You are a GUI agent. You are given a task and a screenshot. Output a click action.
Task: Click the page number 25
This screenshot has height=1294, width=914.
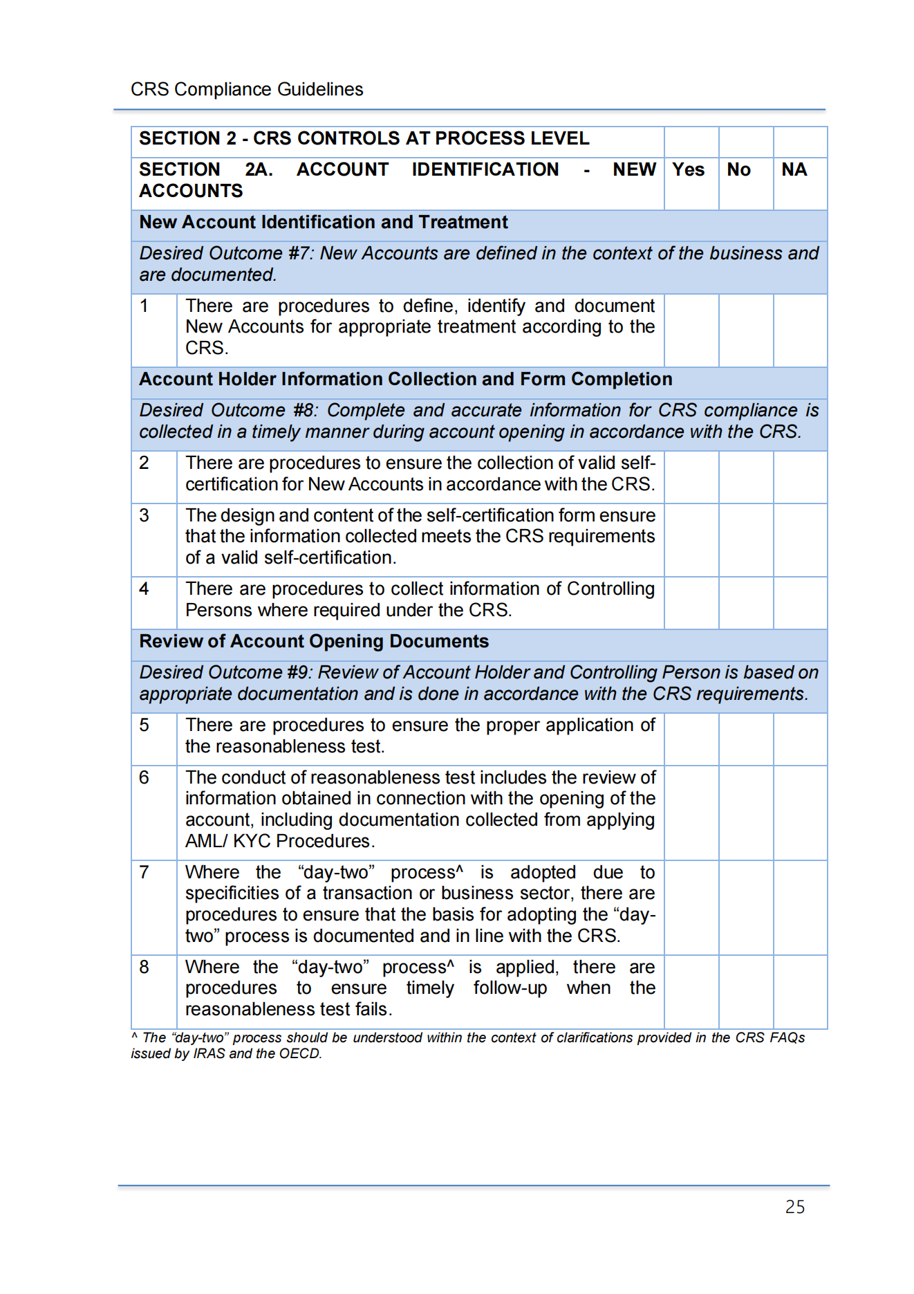794,1207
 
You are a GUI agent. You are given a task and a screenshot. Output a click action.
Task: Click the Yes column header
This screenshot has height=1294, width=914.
688,170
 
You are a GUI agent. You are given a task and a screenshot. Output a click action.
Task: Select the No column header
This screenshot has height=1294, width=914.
738,170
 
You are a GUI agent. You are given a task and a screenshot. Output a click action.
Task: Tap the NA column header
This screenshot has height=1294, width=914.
794,170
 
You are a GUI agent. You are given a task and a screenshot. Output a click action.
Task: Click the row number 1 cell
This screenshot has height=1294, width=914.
144,306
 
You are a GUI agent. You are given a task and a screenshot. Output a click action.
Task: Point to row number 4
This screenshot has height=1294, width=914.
144,589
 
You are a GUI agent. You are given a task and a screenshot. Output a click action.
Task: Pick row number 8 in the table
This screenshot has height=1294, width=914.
144,967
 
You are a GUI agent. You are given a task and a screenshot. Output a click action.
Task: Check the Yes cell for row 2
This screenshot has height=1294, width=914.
691,477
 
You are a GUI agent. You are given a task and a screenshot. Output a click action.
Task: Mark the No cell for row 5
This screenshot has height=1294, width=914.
745,739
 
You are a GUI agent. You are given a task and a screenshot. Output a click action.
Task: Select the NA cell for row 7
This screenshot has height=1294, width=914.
800,907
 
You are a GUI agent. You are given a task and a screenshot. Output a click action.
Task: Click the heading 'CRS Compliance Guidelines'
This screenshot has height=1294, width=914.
247,90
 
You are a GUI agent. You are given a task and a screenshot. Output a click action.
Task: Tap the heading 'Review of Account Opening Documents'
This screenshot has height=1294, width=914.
314,642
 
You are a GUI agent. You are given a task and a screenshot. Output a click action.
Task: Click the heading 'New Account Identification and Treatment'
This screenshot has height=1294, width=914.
324,223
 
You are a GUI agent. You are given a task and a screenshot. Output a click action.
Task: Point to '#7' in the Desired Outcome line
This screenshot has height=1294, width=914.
300,254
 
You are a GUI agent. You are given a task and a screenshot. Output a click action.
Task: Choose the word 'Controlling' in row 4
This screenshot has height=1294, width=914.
610,589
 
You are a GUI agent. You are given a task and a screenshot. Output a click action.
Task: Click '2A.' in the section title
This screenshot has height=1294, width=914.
259,170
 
